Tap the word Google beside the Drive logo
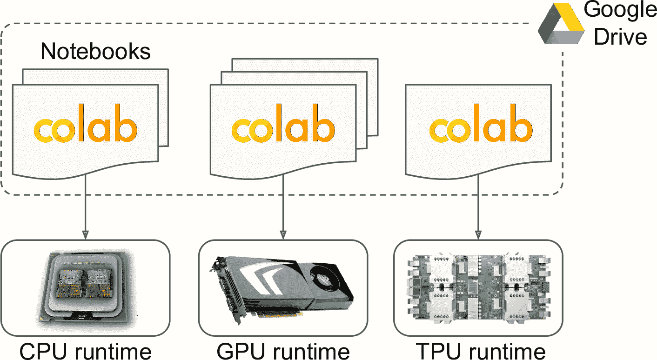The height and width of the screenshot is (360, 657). [621, 10]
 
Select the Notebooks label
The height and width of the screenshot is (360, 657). [96, 51]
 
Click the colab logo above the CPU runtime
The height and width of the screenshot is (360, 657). [86, 128]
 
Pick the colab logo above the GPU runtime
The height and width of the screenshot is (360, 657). [283, 128]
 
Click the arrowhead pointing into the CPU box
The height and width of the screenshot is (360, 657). [86, 233]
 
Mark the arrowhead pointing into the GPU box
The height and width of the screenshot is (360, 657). [283, 233]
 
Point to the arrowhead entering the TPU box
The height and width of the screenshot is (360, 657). [479, 233]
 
